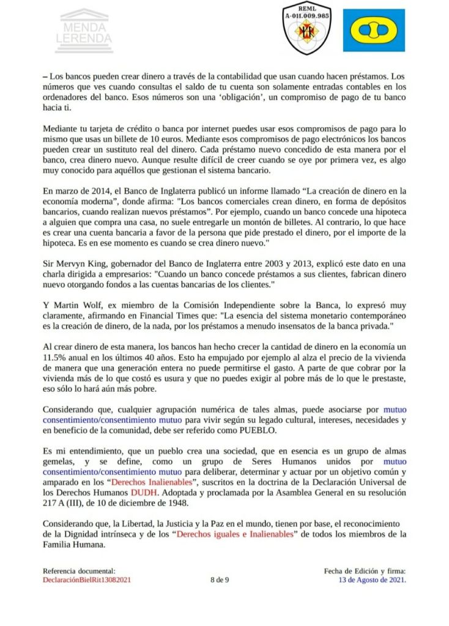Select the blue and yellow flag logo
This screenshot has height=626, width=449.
[373, 31]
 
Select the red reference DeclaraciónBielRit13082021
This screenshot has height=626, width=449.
[87, 580]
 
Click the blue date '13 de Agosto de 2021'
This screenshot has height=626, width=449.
[373, 580]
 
